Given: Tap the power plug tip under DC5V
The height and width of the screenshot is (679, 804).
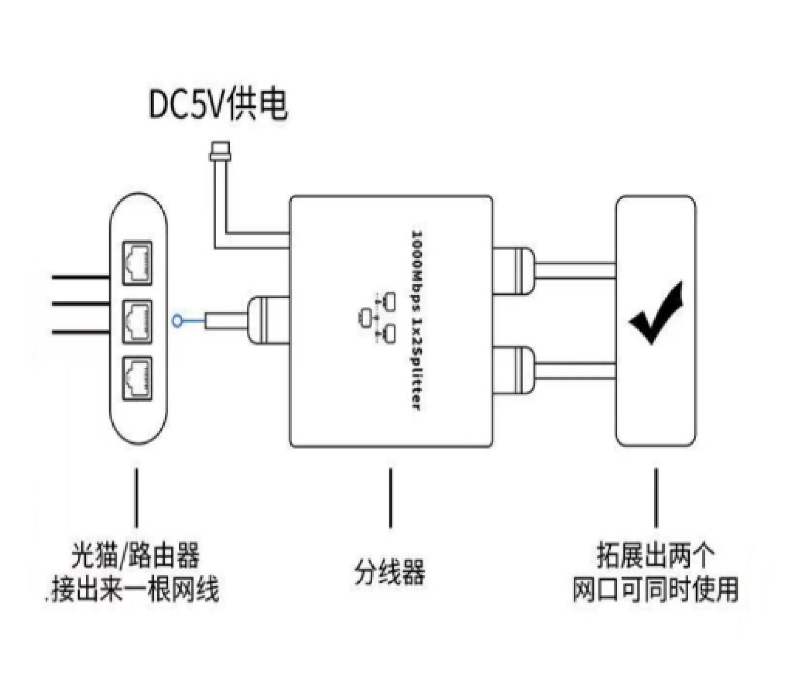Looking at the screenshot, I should [221, 151].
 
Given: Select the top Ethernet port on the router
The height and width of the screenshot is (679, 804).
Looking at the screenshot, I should [137, 263].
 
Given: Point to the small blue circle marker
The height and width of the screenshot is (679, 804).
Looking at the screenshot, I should [177, 321].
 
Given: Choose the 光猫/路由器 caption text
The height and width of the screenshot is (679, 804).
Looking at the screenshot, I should [135, 556].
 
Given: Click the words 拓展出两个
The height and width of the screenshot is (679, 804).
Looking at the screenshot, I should [656, 556].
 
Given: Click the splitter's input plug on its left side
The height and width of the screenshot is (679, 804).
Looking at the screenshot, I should [268, 321].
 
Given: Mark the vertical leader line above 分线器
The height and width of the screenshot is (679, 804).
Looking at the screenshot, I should [391, 498].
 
